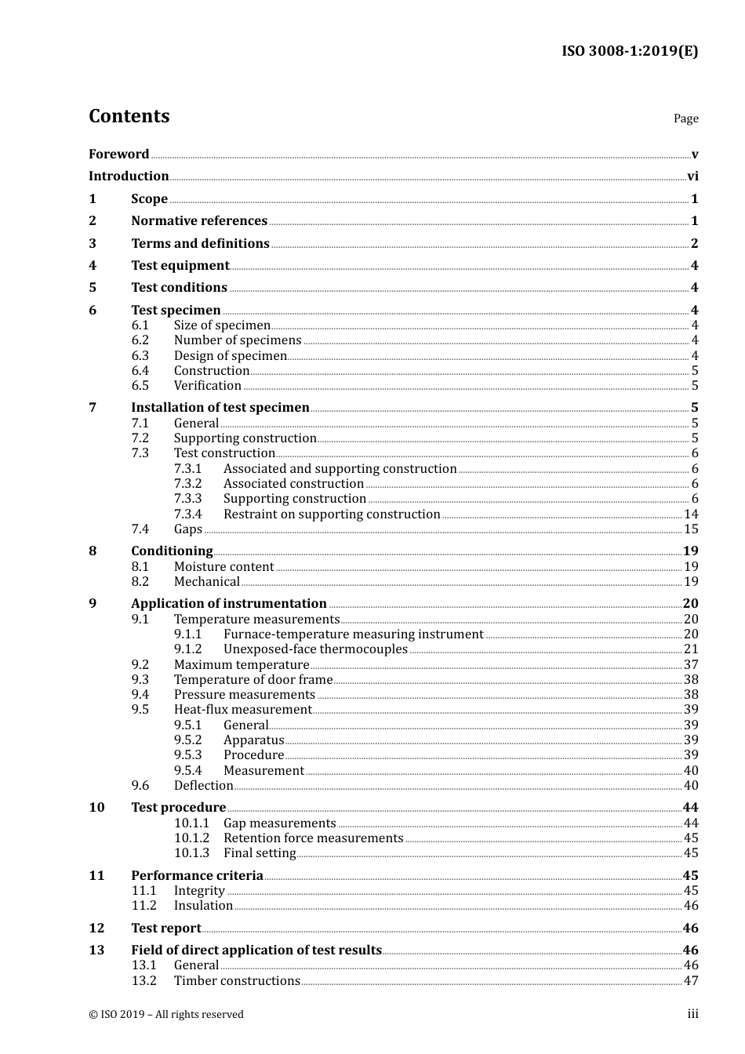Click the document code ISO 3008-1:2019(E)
[630, 52]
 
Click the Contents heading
[129, 116]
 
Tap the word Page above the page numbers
[685, 118]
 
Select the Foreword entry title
[118, 154]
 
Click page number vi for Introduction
[692, 176]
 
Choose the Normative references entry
[199, 221]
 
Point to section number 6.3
[140, 356]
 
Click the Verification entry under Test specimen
[208, 386]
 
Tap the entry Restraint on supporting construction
[332, 514]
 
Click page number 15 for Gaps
[691, 529]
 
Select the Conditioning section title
[172, 551]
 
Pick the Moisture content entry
[223, 567]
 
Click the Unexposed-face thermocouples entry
[315, 649]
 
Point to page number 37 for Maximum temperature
[691, 665]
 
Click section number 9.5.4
[188, 771]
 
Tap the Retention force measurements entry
[313, 838]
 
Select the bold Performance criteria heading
[197, 876]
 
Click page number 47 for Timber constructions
[691, 981]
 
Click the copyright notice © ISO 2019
[166, 1015]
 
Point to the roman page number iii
[692, 1014]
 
